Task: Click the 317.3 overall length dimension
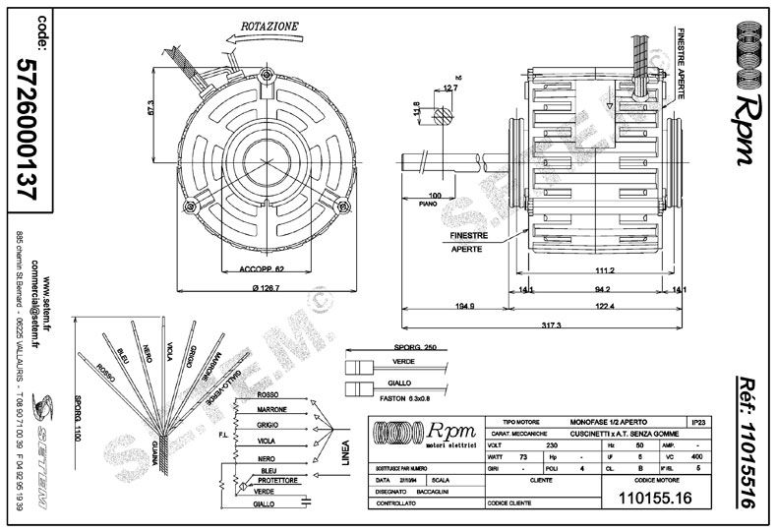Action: tap(551, 325)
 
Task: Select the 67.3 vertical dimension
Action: tap(152, 108)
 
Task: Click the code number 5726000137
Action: tap(29, 128)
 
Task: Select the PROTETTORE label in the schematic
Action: tap(275, 479)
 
